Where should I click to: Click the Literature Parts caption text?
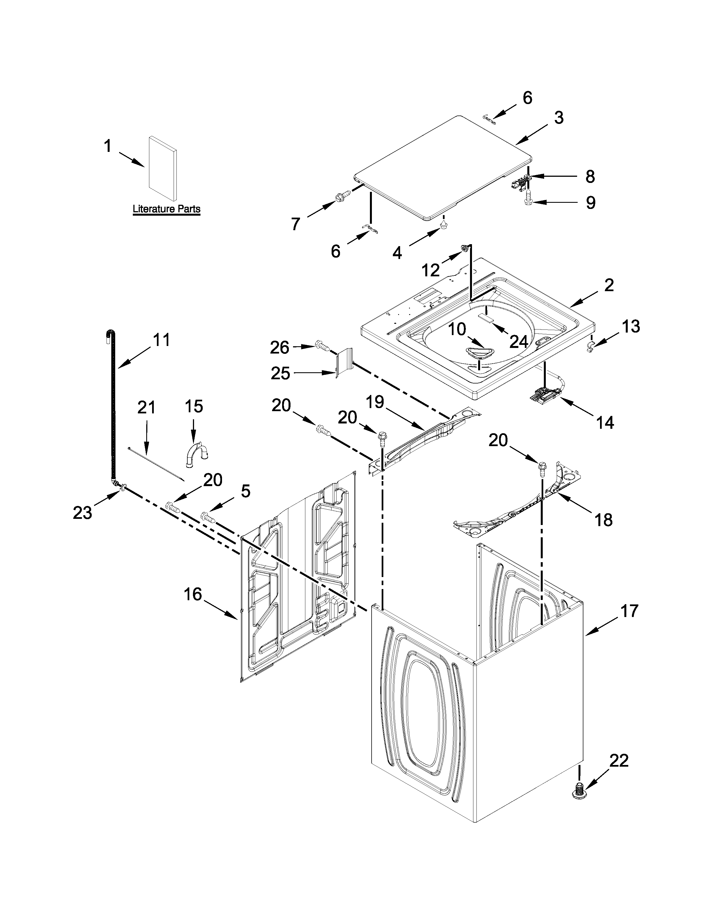click(166, 209)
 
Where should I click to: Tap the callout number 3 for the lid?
click(558, 118)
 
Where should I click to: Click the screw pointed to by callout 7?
click(343, 197)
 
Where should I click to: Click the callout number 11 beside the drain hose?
click(161, 340)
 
